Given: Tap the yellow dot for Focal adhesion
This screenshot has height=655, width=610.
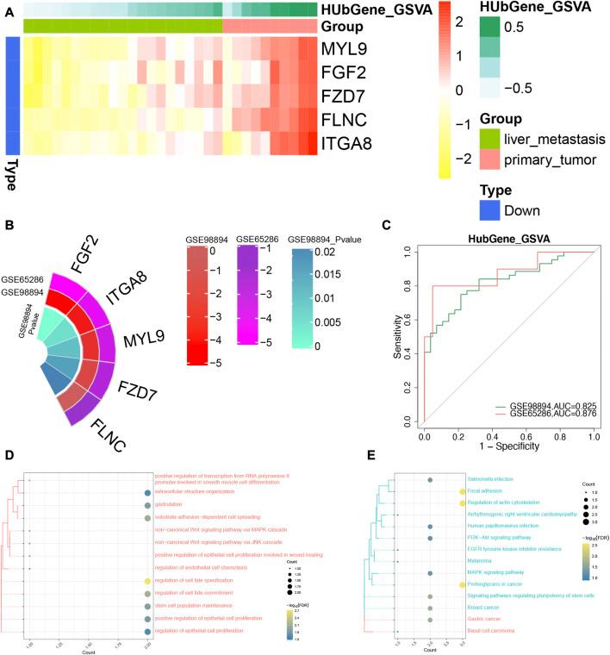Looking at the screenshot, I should pyautogui.click(x=463, y=490).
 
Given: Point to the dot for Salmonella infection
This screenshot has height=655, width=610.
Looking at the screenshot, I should pyautogui.click(x=430, y=478).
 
